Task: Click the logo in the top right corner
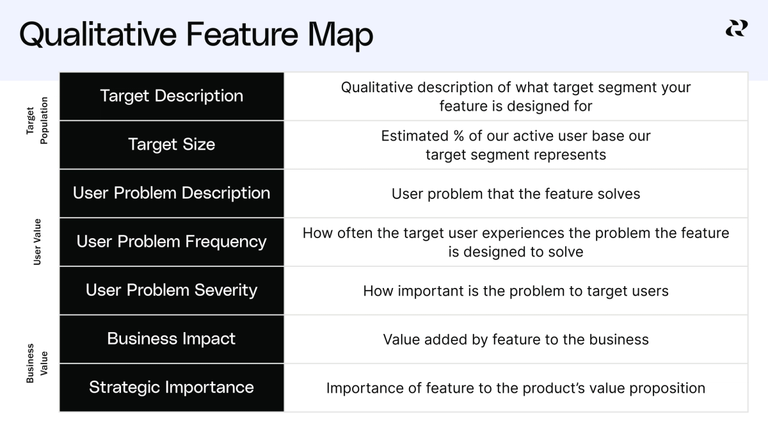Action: point(736,28)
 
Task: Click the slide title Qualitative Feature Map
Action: point(196,35)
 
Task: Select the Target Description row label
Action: point(172,96)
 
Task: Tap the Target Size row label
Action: point(172,145)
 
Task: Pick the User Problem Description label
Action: point(172,193)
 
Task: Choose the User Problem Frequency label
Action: point(172,242)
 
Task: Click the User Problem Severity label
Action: point(172,291)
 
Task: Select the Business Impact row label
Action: point(172,339)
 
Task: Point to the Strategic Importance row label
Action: point(172,388)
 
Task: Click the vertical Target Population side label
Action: point(37,120)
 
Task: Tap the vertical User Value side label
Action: point(37,242)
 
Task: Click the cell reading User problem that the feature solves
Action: point(516,194)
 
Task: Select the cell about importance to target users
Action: point(516,291)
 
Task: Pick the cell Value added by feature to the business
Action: point(516,340)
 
